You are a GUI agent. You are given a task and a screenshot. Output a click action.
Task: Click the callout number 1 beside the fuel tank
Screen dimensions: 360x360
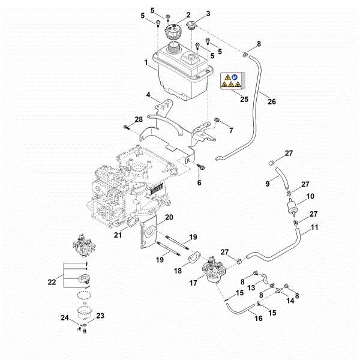pos(145,62)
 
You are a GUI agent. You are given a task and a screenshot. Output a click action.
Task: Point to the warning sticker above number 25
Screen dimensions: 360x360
pos(230,82)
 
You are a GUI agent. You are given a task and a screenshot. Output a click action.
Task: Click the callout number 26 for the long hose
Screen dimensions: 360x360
pos(272,101)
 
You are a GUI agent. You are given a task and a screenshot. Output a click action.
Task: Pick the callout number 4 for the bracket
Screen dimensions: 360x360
pos(148,95)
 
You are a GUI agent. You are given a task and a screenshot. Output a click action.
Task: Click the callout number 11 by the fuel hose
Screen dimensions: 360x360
pos(314,228)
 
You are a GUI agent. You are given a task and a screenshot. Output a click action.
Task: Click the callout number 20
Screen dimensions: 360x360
pos(169,217)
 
